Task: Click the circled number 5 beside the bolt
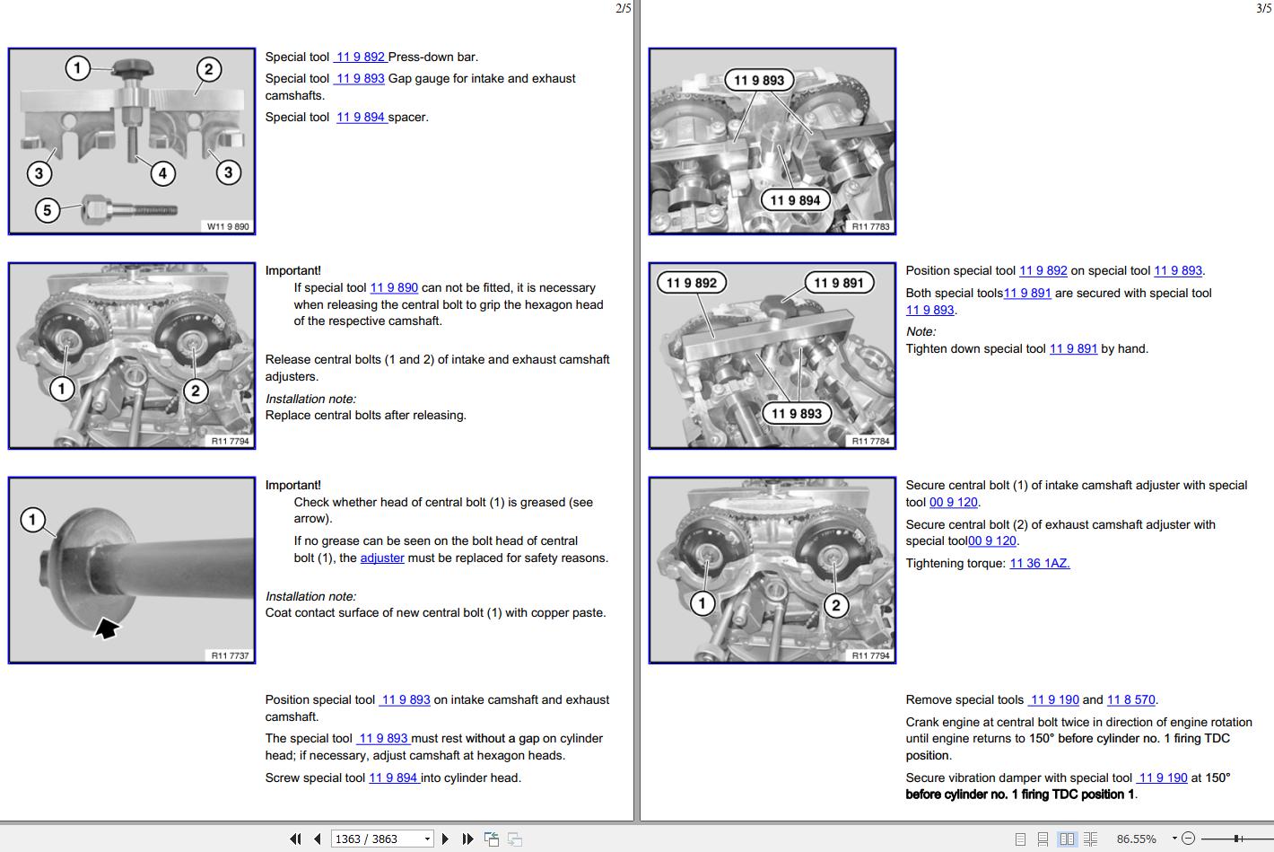tap(48, 210)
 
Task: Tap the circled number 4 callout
tap(162, 173)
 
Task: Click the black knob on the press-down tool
tap(133, 68)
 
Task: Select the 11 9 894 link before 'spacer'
tap(362, 118)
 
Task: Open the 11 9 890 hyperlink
tap(394, 288)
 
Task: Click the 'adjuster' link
tap(382, 558)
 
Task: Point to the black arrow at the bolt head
tap(107, 628)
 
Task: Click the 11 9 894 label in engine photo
tap(795, 200)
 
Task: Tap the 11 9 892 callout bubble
tap(691, 283)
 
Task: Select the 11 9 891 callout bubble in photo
tap(839, 283)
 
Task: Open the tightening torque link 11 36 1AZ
tap(1039, 564)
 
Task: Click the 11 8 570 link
tap(1130, 699)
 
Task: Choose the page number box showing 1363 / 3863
tap(381, 839)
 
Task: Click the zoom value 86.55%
tap(1136, 839)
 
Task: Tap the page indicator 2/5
tap(624, 8)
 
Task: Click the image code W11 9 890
tap(228, 226)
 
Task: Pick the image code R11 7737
tap(230, 655)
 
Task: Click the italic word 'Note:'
tap(921, 332)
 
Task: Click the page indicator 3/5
tap(1263, 8)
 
